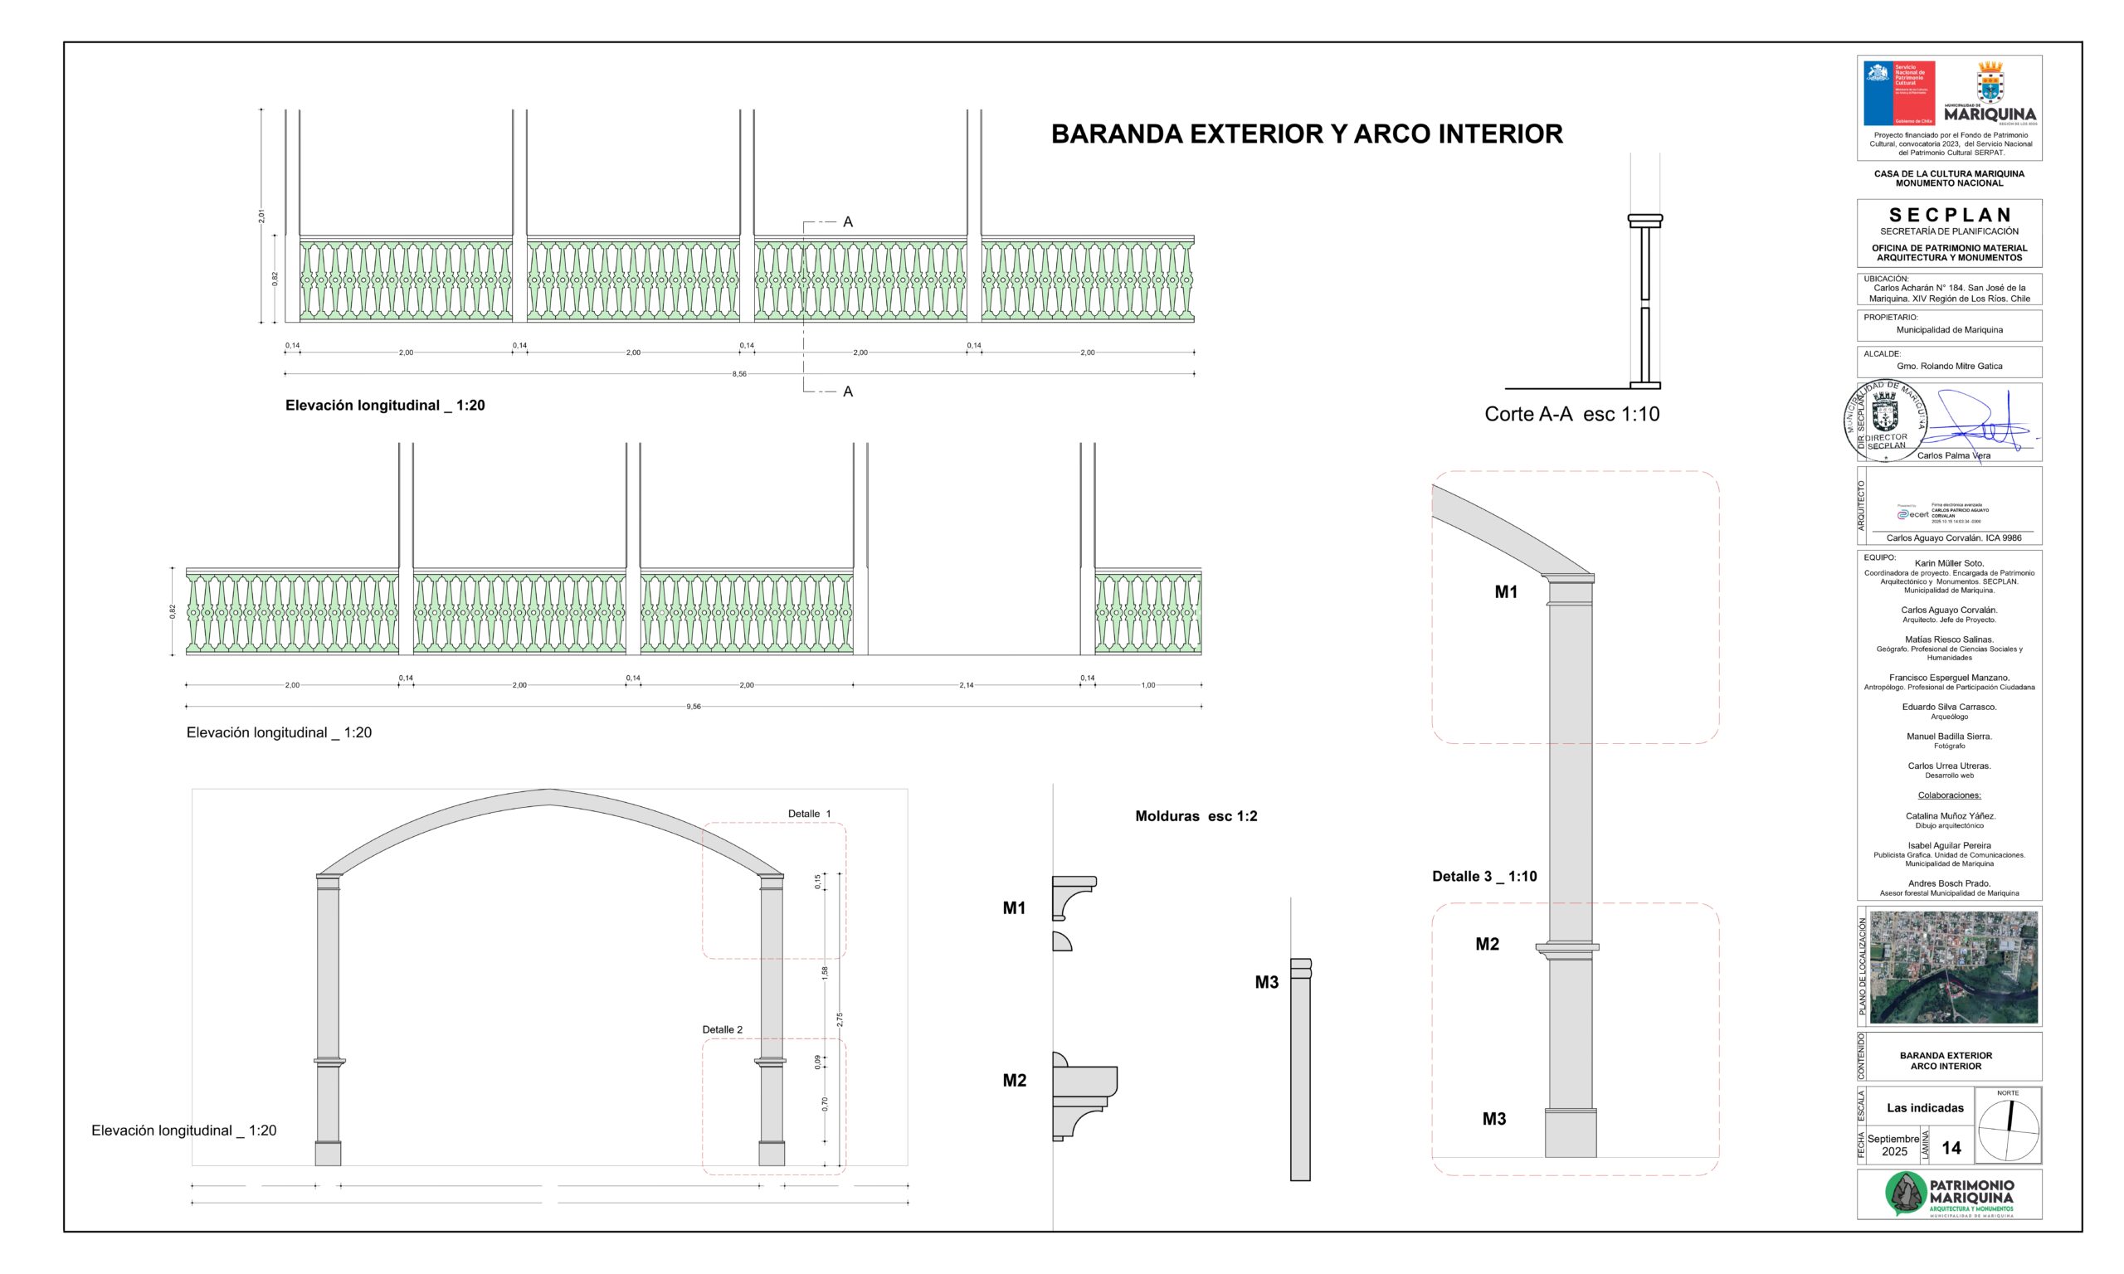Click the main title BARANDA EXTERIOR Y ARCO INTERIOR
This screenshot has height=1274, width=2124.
coord(1306,134)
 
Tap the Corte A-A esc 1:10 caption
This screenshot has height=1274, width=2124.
coord(1571,414)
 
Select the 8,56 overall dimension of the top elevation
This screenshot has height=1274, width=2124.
coord(739,374)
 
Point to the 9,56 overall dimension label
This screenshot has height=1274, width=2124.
coord(693,707)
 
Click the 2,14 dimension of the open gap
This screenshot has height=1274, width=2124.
coord(966,685)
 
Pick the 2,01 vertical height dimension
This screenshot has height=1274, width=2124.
coord(262,216)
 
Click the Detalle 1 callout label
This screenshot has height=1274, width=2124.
coord(809,813)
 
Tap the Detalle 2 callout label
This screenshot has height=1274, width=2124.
coord(722,1029)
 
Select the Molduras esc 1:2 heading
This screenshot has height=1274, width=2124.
coord(1196,815)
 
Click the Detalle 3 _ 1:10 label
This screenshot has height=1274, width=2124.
coord(1483,877)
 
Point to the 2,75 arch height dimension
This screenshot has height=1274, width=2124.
coord(840,1019)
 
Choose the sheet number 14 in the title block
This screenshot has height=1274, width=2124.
coord(1951,1148)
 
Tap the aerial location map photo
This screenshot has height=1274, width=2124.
coord(1953,966)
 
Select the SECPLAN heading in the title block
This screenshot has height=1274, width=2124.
coord(1949,215)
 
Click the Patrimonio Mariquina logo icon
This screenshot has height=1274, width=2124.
coord(1905,1194)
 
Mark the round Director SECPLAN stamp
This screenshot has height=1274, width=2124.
coord(1885,421)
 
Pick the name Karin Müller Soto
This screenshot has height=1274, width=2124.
coord(1949,563)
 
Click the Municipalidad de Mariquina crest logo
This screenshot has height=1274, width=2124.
coord(1990,83)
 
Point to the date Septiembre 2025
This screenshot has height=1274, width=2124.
coord(1893,1145)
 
